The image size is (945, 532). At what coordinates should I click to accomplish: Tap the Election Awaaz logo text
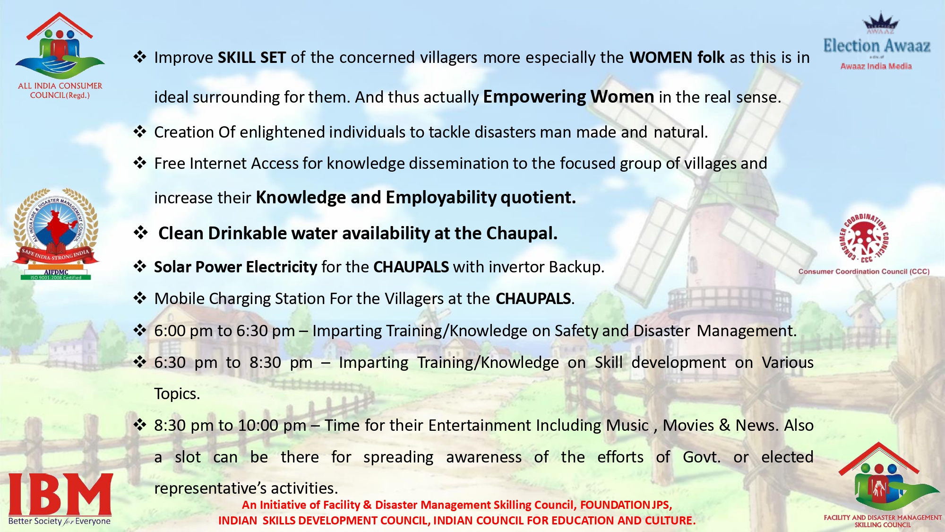point(877,46)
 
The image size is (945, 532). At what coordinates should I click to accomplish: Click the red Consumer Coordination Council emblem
point(864,238)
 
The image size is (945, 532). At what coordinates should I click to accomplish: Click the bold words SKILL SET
point(252,57)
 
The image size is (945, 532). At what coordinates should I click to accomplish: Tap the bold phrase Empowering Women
point(568,96)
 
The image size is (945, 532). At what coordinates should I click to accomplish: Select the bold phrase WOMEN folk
point(677,57)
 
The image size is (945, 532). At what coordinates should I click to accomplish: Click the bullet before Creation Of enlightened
point(140,131)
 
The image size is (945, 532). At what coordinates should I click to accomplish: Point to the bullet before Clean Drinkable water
point(140,232)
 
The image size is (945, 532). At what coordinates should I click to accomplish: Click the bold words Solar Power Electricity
point(236,267)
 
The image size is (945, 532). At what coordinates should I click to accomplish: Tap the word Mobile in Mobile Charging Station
point(179,298)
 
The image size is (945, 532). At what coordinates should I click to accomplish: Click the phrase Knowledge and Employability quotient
point(416,197)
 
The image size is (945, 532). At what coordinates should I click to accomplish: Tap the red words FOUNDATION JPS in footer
point(626,505)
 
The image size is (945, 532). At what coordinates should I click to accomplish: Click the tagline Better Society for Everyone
point(60,521)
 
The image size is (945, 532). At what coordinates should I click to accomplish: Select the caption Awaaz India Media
point(876,66)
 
